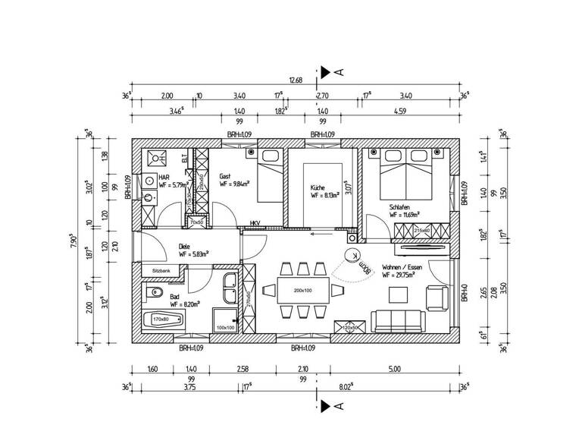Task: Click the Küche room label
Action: [317, 187]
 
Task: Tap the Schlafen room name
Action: [402, 206]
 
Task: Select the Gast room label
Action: [225, 175]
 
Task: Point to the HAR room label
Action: [163, 176]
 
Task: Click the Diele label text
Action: [184, 246]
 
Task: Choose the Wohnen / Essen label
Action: [403, 267]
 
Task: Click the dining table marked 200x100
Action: [303, 290]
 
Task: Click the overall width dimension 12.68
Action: [295, 80]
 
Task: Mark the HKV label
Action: [255, 223]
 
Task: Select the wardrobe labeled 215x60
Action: [422, 231]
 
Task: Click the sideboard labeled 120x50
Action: [352, 328]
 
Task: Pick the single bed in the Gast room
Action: [268, 176]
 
